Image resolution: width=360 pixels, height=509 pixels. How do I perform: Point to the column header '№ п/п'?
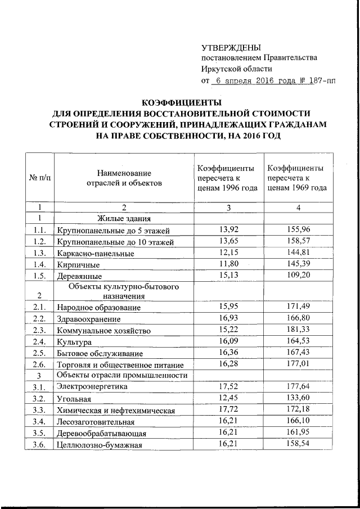pos(39,177)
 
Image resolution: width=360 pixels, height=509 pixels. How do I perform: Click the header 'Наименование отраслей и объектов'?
pos(123,177)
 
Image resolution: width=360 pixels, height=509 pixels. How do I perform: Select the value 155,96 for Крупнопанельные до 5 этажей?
pos(299,229)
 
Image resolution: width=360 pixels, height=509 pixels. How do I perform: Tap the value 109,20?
pos(299,275)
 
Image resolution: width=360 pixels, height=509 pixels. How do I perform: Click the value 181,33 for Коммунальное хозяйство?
pos(299,330)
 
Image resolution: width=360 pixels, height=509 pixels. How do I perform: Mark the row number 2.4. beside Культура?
pos(39,341)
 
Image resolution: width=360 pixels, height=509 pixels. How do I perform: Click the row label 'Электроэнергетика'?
pos(91,387)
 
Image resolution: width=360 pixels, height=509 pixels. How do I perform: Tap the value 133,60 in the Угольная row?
pos(299,398)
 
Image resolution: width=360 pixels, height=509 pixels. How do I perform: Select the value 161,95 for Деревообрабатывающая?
pos(299,433)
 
